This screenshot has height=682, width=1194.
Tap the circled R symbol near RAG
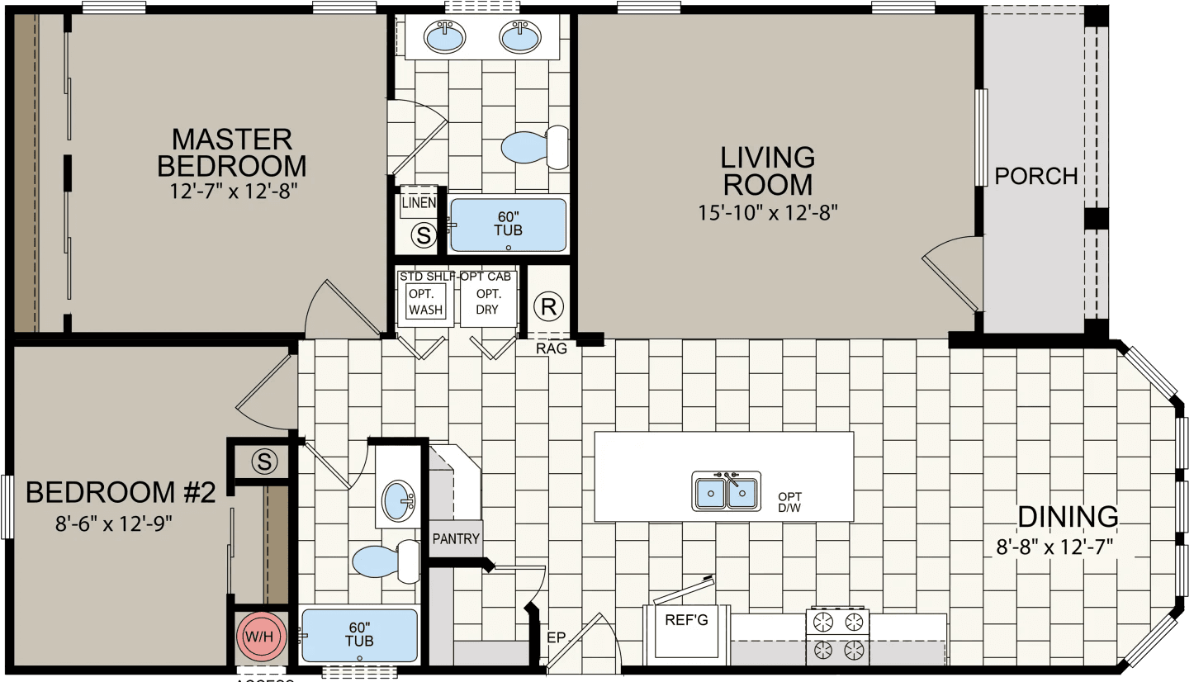pyautogui.click(x=548, y=306)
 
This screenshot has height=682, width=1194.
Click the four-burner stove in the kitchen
pyautogui.click(x=837, y=636)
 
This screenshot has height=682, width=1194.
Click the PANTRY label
pyautogui.click(x=456, y=539)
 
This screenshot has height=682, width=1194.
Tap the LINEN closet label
pyautogui.click(x=419, y=202)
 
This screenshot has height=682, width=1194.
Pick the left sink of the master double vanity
pyautogui.click(x=447, y=36)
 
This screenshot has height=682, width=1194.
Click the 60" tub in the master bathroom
pyautogui.click(x=508, y=225)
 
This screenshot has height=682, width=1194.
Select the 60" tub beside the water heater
pyautogui.click(x=359, y=635)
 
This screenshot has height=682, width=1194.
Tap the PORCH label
pyautogui.click(x=1035, y=176)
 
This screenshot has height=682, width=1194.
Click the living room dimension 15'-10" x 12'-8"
pyautogui.click(x=768, y=212)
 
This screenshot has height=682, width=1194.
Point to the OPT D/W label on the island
pyautogui.click(x=789, y=502)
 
